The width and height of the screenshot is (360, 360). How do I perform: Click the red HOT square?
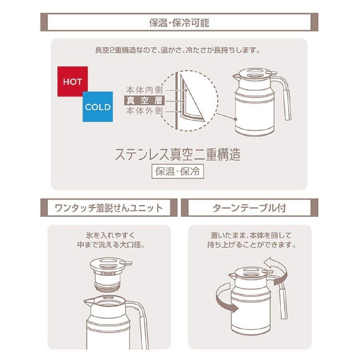coord(72,82)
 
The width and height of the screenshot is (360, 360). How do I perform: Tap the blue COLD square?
coord(98,107)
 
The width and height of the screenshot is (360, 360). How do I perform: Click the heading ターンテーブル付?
coord(250,208)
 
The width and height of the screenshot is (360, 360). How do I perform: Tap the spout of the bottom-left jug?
coord(88,300)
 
